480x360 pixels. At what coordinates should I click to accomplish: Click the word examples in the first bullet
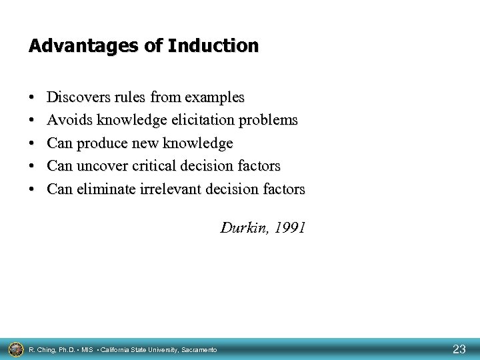click(x=214, y=97)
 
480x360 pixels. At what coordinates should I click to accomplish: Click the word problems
click(x=271, y=121)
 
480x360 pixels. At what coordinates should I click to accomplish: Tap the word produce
click(x=99, y=143)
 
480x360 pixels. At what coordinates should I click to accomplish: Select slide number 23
click(x=459, y=349)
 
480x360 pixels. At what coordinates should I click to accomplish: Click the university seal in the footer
click(x=15, y=349)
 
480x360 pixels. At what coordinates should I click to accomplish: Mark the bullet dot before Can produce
click(x=33, y=144)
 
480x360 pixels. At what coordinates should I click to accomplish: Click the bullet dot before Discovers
click(x=33, y=99)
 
